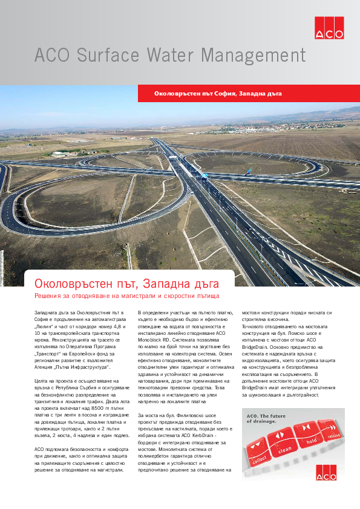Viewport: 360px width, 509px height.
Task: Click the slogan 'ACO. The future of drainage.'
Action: click(x=266, y=419)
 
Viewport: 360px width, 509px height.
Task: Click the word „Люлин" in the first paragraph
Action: click(x=47, y=325)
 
